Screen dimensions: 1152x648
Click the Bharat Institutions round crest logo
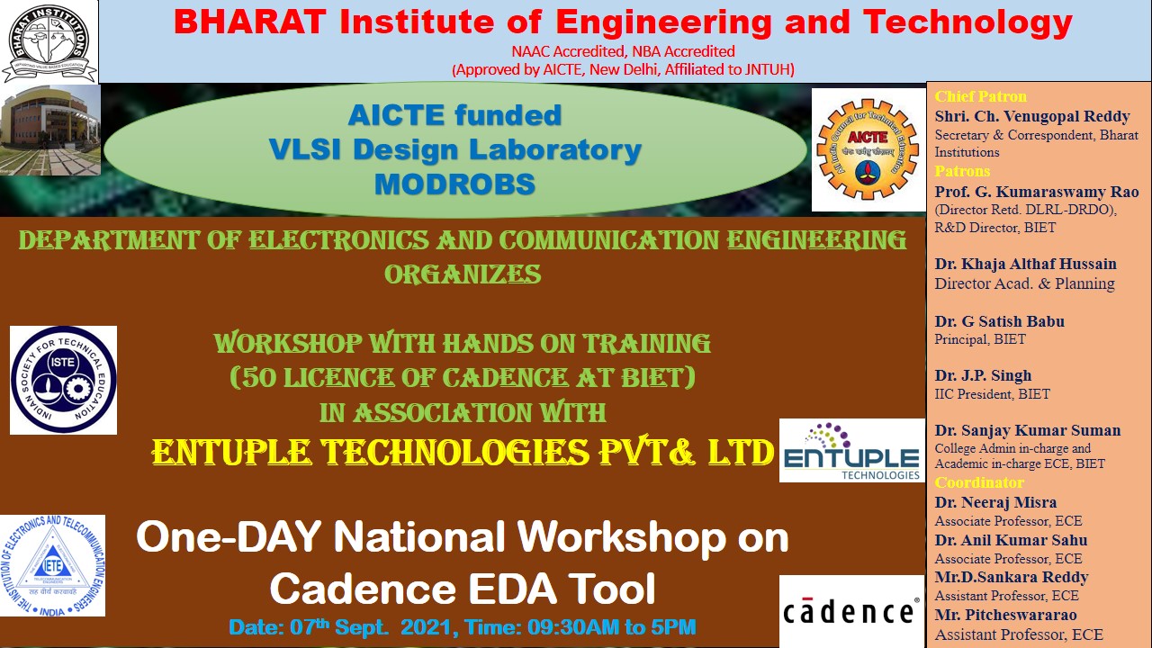(x=49, y=41)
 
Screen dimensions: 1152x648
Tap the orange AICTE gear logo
(x=868, y=149)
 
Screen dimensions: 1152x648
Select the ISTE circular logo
(x=63, y=380)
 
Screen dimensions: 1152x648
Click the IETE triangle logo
(x=52, y=566)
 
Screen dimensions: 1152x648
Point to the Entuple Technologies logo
(x=851, y=451)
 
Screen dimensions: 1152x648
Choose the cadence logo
(x=851, y=611)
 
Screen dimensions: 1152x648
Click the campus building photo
(x=50, y=130)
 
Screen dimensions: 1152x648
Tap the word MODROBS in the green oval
(x=455, y=184)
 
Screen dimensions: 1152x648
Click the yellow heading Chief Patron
(x=980, y=96)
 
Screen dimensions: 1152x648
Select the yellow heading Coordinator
(x=979, y=482)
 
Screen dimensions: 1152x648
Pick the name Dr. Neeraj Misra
(x=995, y=502)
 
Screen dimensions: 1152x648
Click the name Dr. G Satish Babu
(x=1000, y=321)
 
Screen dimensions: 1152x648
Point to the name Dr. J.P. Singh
(x=984, y=375)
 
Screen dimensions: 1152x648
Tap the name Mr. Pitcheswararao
(x=1005, y=615)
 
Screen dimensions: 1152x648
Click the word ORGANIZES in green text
(x=463, y=274)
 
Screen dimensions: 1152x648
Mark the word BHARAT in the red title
(x=250, y=22)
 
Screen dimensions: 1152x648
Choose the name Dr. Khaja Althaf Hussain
(x=1025, y=264)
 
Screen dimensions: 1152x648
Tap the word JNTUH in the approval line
(x=766, y=69)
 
